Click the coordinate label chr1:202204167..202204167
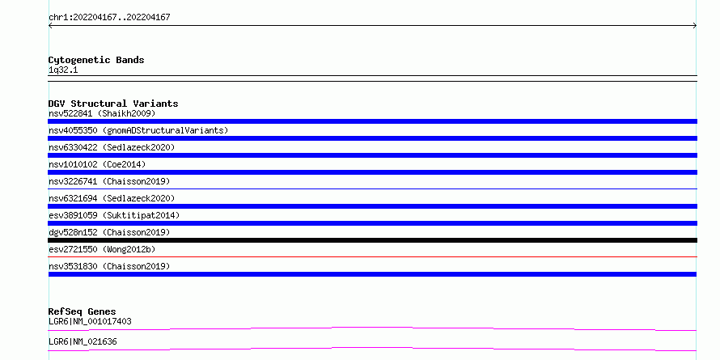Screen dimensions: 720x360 (x=109, y=18)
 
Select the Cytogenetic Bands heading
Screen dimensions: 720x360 (x=96, y=60)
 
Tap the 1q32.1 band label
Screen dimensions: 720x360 (x=63, y=70)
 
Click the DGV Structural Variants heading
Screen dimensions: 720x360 (x=113, y=104)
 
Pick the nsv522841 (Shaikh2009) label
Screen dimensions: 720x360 (x=102, y=113)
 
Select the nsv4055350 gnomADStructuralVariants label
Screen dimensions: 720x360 (x=138, y=130)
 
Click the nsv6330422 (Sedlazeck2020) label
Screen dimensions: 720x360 (x=112, y=147)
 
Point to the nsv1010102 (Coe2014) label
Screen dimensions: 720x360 (x=97, y=164)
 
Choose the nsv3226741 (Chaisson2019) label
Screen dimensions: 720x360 (x=109, y=181)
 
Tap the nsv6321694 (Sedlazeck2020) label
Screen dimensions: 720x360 (x=112, y=198)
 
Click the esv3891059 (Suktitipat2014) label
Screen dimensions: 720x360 (x=114, y=215)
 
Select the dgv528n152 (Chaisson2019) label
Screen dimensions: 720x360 (x=109, y=232)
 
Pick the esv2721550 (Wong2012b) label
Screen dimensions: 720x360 (x=102, y=249)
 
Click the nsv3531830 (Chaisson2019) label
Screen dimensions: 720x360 (x=109, y=266)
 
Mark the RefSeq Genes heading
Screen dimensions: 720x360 (x=83, y=311)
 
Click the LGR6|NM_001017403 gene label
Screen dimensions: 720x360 (x=90, y=321)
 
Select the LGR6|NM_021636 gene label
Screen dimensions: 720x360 (x=83, y=341)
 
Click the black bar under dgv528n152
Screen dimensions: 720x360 (x=372, y=240)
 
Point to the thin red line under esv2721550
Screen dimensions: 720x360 (x=372, y=256)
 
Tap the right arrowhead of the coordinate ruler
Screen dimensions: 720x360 (x=695, y=26)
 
